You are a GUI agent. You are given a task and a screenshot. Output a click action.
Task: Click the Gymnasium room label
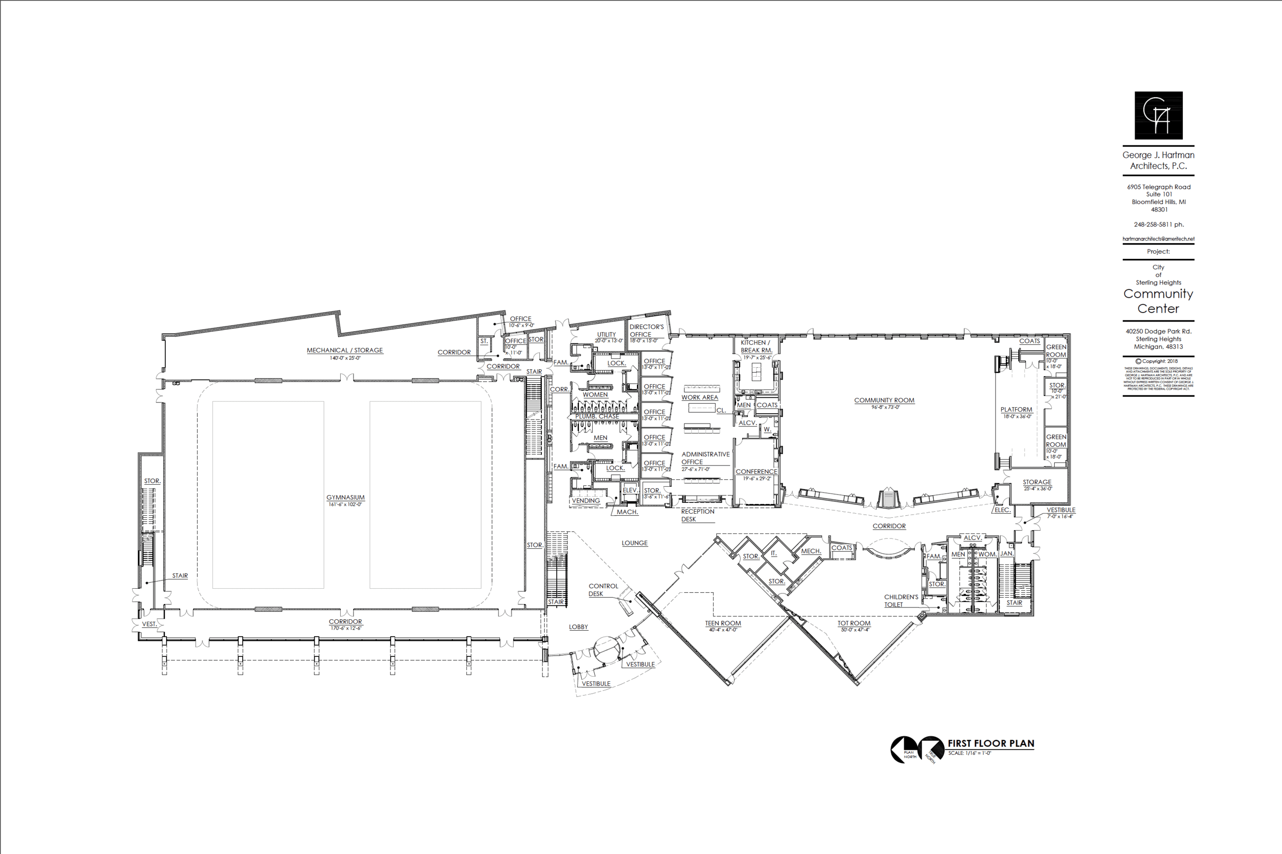click(345, 497)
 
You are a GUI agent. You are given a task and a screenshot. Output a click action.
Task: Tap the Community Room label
click(884, 400)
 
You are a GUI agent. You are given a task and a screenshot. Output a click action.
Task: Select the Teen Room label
click(723, 623)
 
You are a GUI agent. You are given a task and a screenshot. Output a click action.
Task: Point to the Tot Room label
click(854, 623)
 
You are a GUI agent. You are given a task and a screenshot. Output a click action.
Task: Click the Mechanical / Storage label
click(345, 350)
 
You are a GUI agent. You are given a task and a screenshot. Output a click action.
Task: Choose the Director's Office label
click(646, 330)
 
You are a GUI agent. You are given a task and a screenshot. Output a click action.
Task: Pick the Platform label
click(1016, 410)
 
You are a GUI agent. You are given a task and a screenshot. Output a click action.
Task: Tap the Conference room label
click(756, 472)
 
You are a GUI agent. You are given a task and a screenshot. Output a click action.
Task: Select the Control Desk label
click(603, 590)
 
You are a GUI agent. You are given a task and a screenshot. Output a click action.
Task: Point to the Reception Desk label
click(698, 515)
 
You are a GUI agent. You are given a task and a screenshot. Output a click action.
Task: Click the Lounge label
click(635, 543)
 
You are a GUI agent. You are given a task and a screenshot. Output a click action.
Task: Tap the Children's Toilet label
click(901, 601)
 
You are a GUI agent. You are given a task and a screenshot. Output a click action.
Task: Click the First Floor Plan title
click(991, 744)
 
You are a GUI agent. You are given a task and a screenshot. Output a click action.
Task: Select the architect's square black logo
click(1158, 115)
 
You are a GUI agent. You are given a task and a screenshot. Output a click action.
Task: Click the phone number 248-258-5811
click(1158, 224)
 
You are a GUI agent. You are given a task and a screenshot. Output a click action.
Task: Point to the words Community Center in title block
click(1158, 301)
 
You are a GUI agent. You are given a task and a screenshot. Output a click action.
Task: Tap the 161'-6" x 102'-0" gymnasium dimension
click(345, 504)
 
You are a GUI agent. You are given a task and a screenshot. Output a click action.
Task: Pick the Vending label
click(585, 500)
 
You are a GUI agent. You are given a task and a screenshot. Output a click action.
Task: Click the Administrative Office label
click(705, 458)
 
